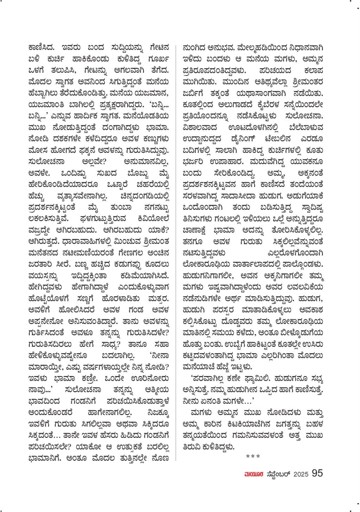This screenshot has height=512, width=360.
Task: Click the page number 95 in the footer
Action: pyautogui.click(x=317, y=473)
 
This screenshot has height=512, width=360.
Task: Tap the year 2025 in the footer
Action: pyautogui.click(x=301, y=473)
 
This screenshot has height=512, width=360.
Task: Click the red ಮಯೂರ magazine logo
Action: pyautogui.click(x=252, y=474)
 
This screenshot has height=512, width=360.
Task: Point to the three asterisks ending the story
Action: pyautogui.click(x=253, y=457)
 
